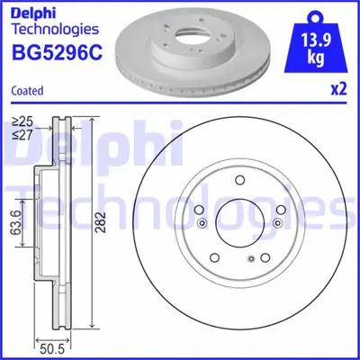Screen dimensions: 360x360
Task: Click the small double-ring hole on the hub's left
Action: pyautogui.click(x=202, y=224)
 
